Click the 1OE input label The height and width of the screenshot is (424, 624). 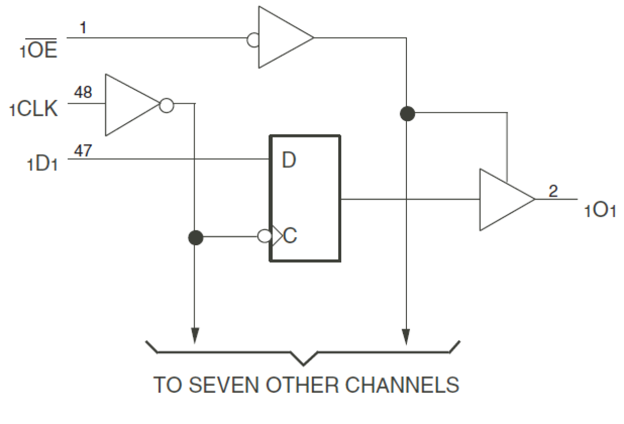point(39,51)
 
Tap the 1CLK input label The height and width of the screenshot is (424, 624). point(34,109)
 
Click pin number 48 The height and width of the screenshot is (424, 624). point(83,92)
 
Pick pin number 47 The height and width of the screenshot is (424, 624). point(83,150)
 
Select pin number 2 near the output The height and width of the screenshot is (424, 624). point(553,191)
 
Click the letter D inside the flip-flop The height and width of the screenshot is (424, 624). point(289,160)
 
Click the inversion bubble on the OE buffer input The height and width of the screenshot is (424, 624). point(253,40)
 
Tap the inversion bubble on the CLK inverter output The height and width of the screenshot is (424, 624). point(167,105)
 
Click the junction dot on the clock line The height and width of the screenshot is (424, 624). point(196,238)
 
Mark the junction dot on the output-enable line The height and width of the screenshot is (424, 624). point(407,114)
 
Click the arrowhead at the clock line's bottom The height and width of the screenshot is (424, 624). point(195,335)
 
